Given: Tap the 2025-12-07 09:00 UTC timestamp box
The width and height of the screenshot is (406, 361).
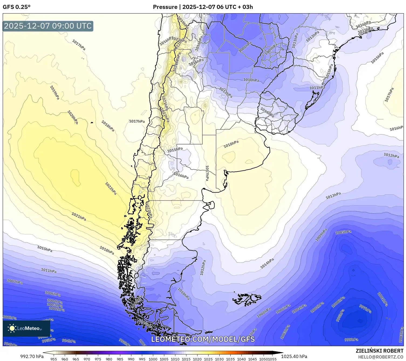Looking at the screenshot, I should point(48,26).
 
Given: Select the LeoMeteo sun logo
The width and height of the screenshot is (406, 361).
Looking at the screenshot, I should point(12,328).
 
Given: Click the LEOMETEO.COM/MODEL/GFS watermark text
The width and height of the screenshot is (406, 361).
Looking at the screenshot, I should point(203,339).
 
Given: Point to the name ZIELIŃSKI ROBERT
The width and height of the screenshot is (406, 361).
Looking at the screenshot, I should point(380,351).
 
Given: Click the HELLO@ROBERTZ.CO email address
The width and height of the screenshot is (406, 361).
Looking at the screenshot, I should point(381,357).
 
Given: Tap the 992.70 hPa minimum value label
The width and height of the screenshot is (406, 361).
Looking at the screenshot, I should point(32,356).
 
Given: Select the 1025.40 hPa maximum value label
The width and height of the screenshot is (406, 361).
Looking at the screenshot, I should point(294,356).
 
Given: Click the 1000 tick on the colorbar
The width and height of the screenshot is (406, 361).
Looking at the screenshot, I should point(153,359).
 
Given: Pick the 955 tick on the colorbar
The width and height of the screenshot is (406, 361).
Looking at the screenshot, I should point(54,359).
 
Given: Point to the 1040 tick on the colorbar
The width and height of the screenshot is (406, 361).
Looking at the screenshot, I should point(241,359).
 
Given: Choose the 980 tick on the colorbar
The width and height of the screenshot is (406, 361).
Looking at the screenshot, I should point(109,359).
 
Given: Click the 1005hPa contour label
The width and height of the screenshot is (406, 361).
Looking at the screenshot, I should point(343,232).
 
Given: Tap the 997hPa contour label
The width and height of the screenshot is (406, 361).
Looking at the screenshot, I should point(365,309).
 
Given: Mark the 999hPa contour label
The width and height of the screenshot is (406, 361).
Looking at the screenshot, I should point(352,339).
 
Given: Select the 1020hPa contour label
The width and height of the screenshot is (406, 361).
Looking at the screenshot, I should point(73,117).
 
